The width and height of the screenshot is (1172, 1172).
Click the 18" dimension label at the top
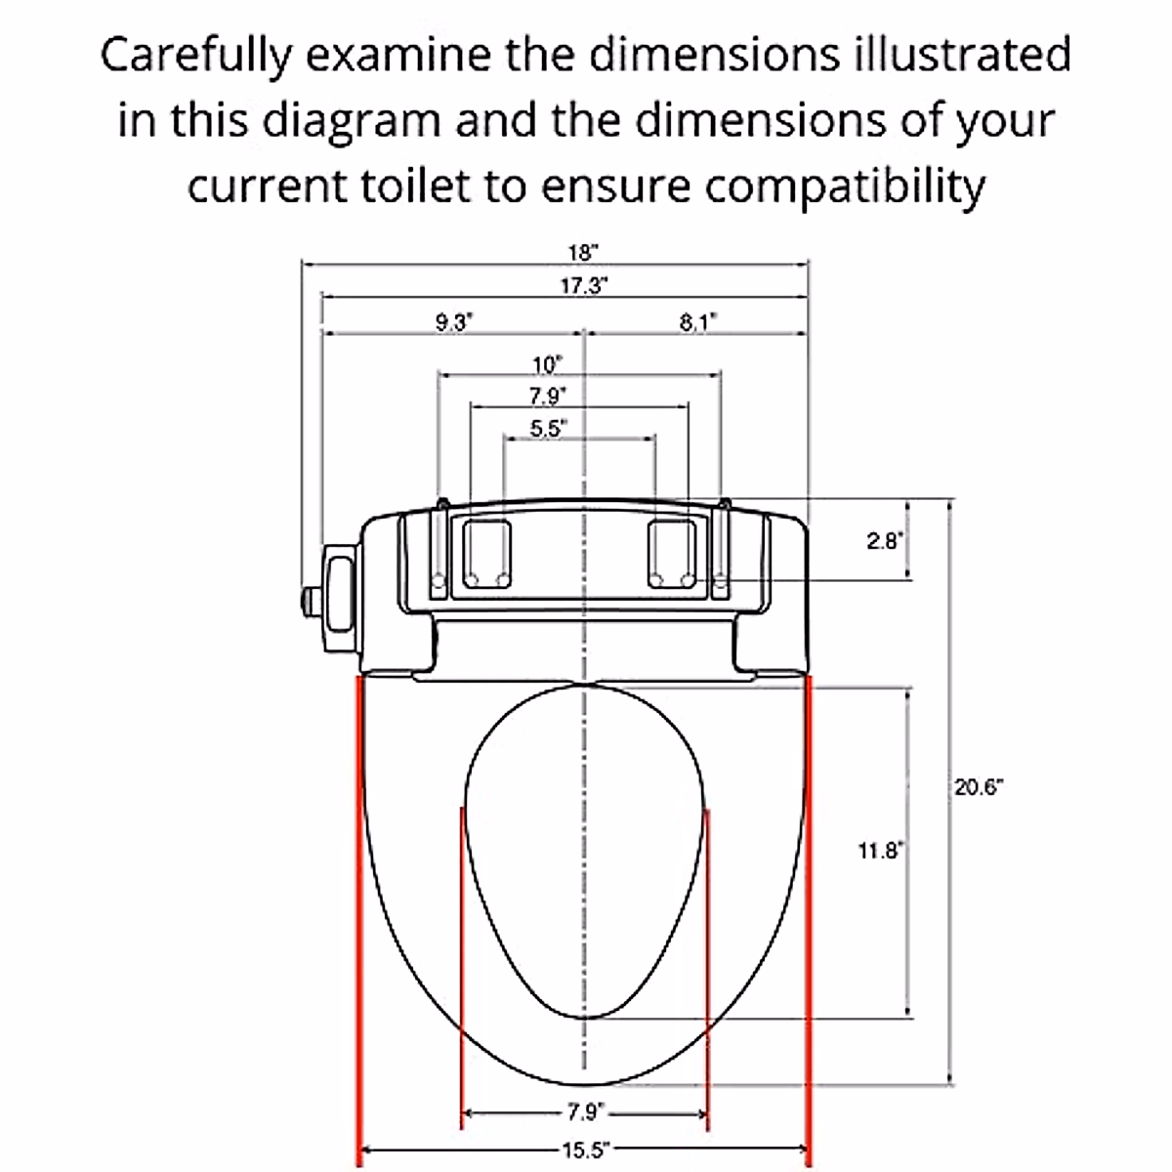582,252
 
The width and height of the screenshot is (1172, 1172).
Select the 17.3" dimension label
584,285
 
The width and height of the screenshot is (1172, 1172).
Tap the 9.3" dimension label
453,322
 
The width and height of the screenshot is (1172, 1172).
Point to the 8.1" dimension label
697,322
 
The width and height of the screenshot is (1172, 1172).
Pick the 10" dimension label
547,365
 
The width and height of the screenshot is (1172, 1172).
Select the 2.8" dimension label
886,540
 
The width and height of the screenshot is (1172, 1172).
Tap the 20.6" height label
979,787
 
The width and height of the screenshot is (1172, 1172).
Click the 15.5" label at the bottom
584,1150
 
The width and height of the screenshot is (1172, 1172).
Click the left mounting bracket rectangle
486,553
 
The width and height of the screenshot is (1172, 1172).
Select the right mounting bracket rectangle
673,553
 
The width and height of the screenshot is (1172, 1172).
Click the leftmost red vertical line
360,918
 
